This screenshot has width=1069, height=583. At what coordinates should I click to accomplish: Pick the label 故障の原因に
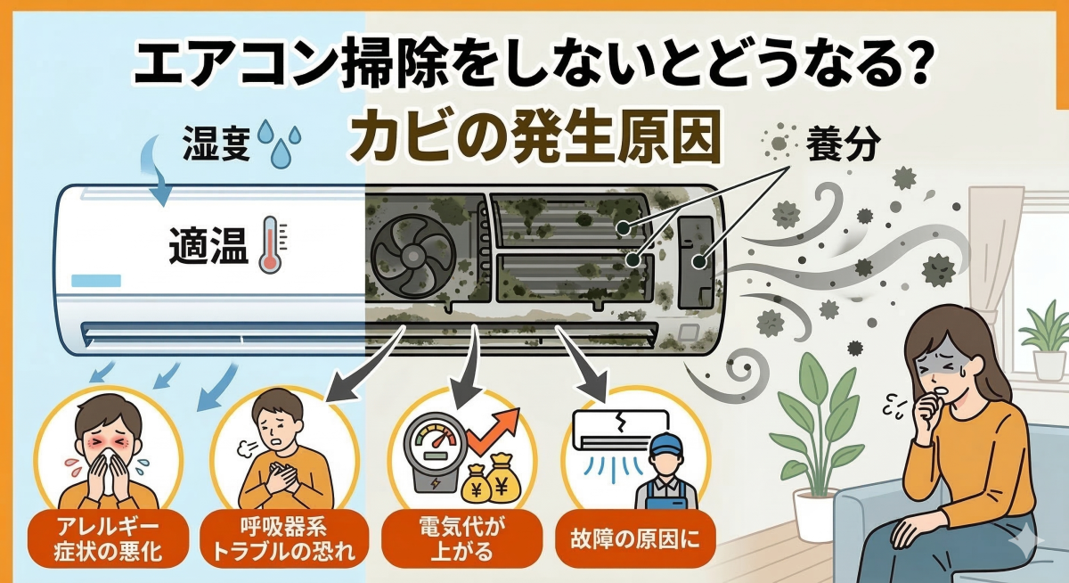click(636, 538)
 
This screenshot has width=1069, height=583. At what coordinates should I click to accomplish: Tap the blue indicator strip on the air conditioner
click(97, 279)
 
